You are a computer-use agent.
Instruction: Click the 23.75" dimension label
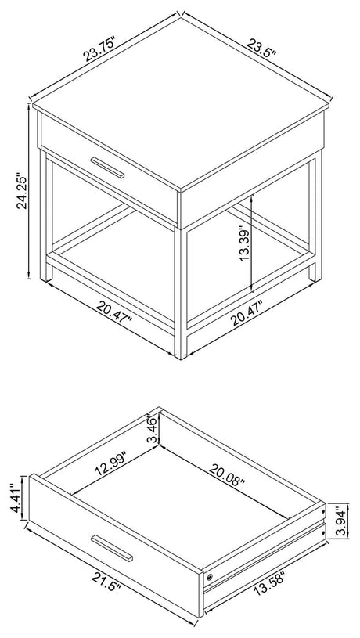pyautogui.click(x=100, y=49)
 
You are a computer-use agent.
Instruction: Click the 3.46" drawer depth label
pyautogui.click(x=151, y=430)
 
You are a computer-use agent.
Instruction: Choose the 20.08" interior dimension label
pyautogui.click(x=228, y=475)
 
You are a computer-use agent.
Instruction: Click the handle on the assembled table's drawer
pyautogui.click(x=107, y=168)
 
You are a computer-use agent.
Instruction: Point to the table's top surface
pyautogui.click(x=181, y=103)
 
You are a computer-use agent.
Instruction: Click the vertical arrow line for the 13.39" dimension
pyautogui.click(x=253, y=243)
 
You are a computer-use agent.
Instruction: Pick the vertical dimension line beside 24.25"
pyautogui.click(x=29, y=191)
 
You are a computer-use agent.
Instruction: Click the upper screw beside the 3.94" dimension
pyautogui.click(x=323, y=510)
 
